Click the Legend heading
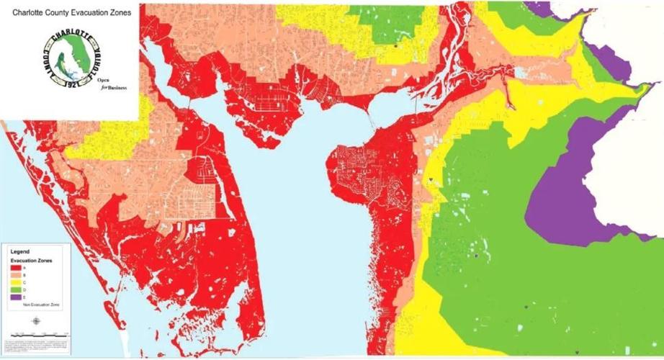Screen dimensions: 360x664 19,251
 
